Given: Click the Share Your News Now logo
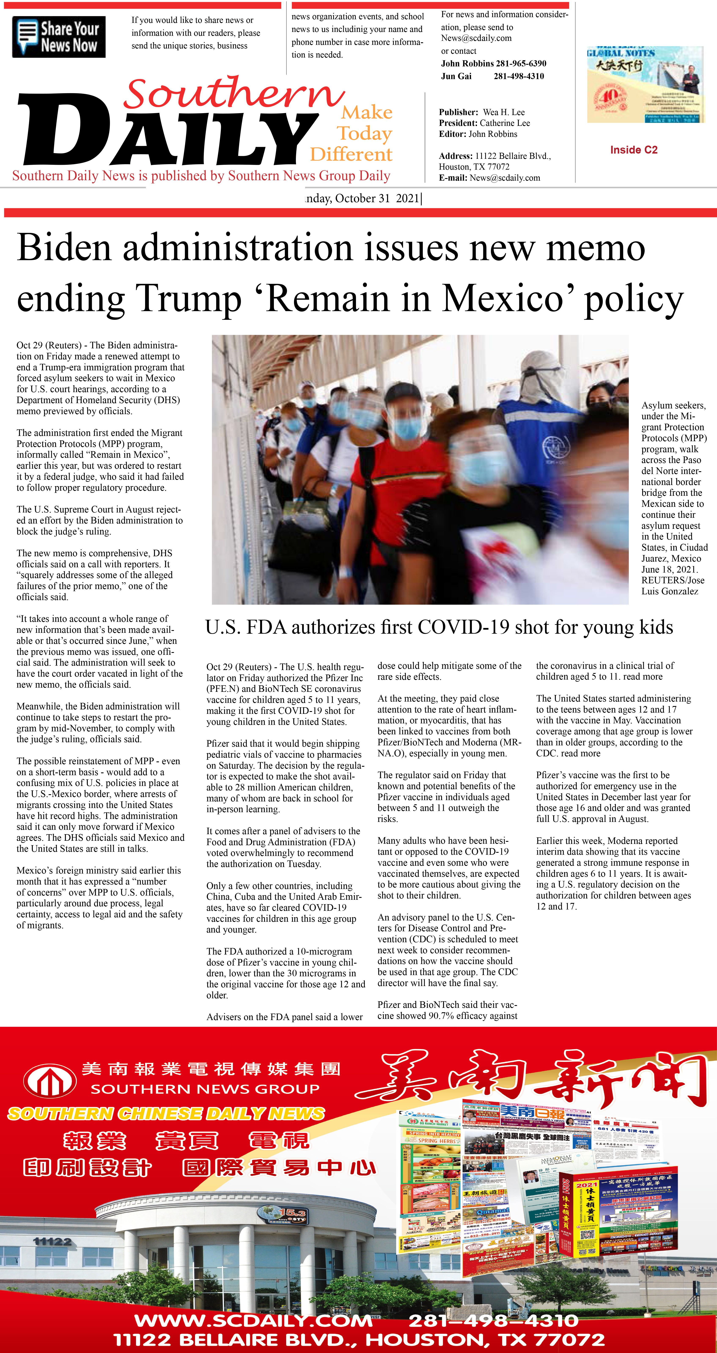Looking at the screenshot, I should point(59,37).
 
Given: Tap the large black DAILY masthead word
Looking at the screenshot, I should point(168,131).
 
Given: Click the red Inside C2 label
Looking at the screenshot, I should point(633,150).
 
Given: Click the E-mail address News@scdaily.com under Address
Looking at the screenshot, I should point(504,177).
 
